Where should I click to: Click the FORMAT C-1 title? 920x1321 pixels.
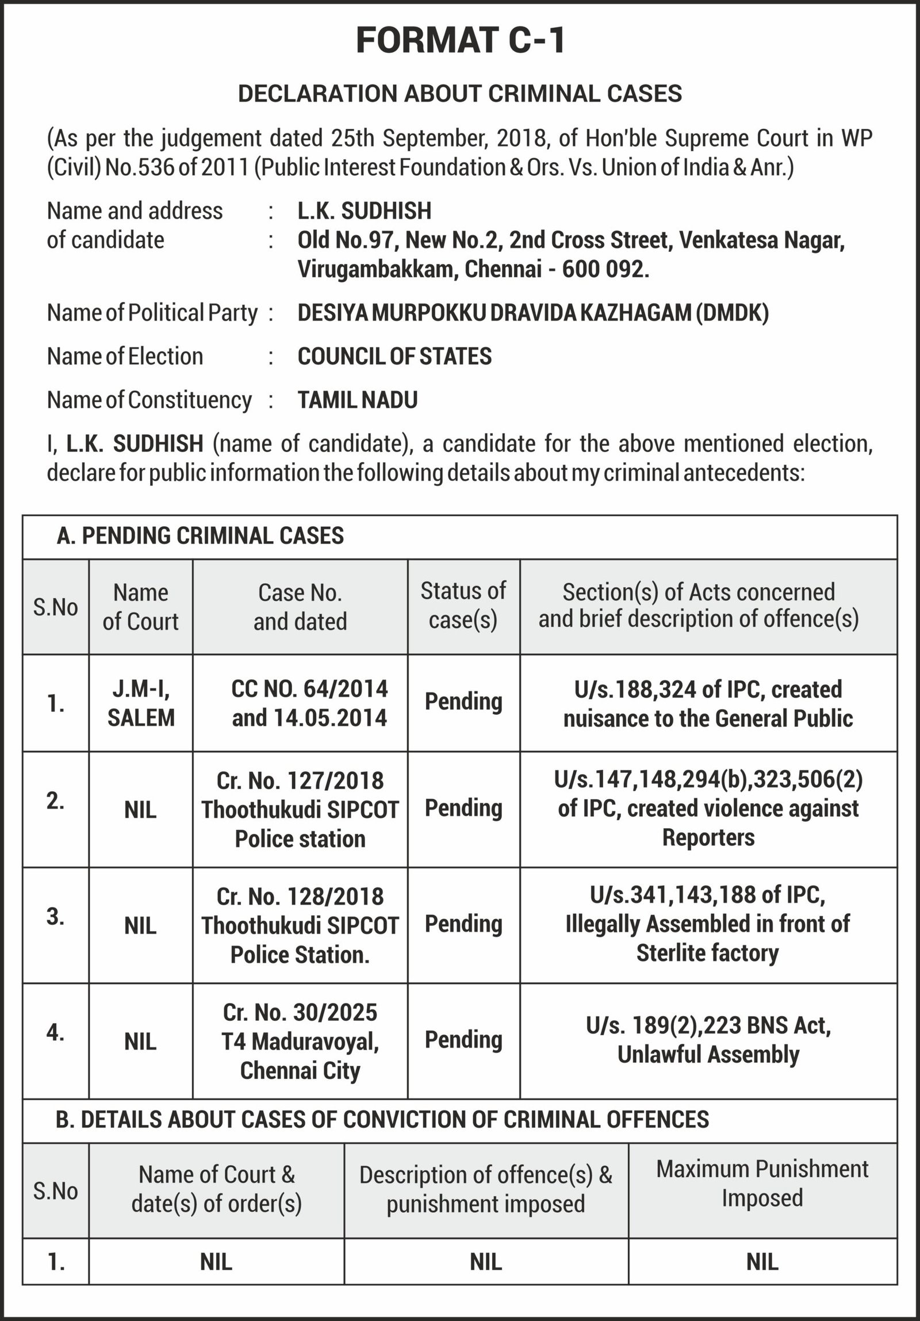(461, 41)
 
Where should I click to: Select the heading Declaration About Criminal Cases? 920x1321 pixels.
(461, 94)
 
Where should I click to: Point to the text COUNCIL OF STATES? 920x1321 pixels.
(394, 357)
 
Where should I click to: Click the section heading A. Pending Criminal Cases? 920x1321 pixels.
(200, 536)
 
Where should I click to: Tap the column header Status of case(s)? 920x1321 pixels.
(463, 606)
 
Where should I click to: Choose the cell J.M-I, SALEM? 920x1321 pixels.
(141, 703)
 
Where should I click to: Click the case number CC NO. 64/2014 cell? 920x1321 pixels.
(309, 703)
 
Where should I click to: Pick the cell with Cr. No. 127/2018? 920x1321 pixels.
(300, 810)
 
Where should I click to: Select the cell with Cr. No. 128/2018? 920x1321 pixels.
(300, 925)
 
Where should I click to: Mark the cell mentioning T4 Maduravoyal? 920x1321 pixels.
(300, 1042)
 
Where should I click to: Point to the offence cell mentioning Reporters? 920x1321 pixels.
(708, 809)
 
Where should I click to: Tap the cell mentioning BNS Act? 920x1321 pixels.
(708, 1040)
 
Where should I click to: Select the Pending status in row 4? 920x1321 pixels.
(463, 1040)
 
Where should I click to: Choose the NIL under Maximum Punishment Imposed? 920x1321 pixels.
(762, 1262)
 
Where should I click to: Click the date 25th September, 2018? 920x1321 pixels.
(437, 139)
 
